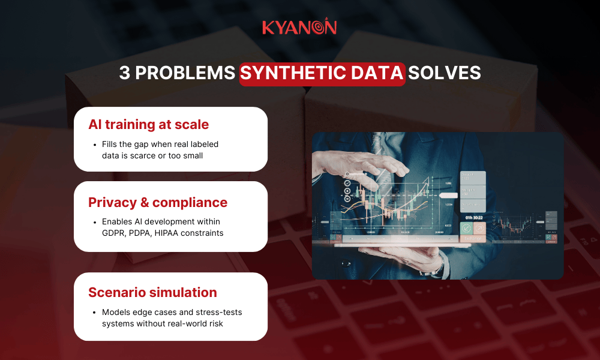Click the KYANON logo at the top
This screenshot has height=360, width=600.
tap(299, 27)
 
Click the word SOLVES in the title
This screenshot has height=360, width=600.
tap(444, 73)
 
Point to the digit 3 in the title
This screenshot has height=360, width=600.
tap(124, 73)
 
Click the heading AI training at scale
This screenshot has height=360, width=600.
tap(148, 125)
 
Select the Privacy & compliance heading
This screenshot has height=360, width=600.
tap(158, 203)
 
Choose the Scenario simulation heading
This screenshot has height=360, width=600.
tap(152, 293)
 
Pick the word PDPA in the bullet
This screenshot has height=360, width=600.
tap(142, 233)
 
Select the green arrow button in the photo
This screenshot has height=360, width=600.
tap(466, 229)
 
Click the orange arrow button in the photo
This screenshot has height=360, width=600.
tap(479, 229)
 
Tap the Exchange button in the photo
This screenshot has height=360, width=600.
tap(473, 239)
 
